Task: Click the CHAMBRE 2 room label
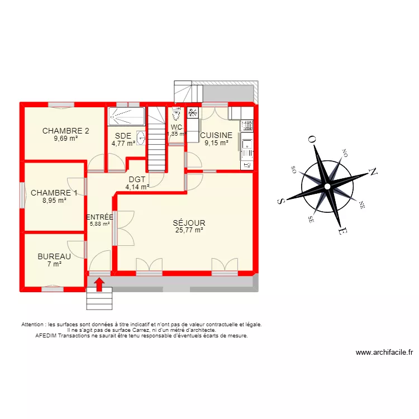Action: click(x=66, y=131)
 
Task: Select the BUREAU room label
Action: click(x=54, y=256)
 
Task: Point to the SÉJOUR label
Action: click(x=189, y=222)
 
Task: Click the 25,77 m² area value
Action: click(x=189, y=230)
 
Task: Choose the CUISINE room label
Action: click(x=216, y=135)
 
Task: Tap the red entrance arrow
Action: click(x=99, y=284)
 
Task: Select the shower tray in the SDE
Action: click(x=126, y=117)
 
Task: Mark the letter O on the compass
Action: click(x=312, y=140)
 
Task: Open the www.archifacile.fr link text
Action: click(x=384, y=353)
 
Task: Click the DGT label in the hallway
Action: click(x=137, y=179)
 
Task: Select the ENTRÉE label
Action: click(x=100, y=217)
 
